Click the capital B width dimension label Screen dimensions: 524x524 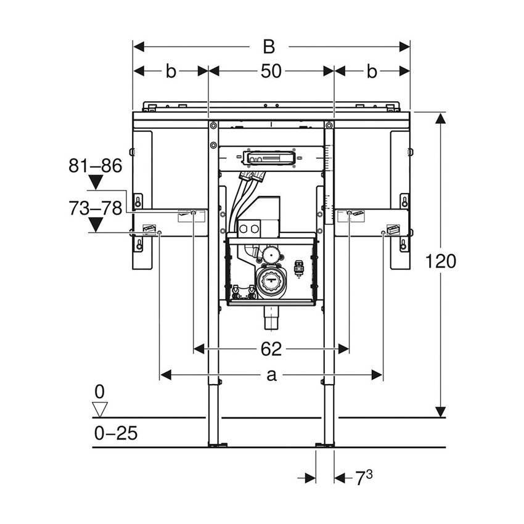269,47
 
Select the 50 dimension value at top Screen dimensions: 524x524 271,71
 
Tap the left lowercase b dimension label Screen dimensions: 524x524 170,71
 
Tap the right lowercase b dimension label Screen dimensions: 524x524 371,71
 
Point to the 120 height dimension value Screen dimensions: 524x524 441,261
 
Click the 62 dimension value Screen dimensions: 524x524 271,350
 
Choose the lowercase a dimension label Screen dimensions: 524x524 271,375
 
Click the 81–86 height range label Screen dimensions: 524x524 96,165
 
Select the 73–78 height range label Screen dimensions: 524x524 96,208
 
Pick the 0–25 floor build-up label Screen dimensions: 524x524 116,433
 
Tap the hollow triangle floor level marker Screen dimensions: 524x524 99,409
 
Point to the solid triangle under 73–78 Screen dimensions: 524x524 96,224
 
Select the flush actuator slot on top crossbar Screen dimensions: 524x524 271,158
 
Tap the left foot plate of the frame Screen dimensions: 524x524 218,444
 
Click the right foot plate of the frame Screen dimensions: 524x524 325,444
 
